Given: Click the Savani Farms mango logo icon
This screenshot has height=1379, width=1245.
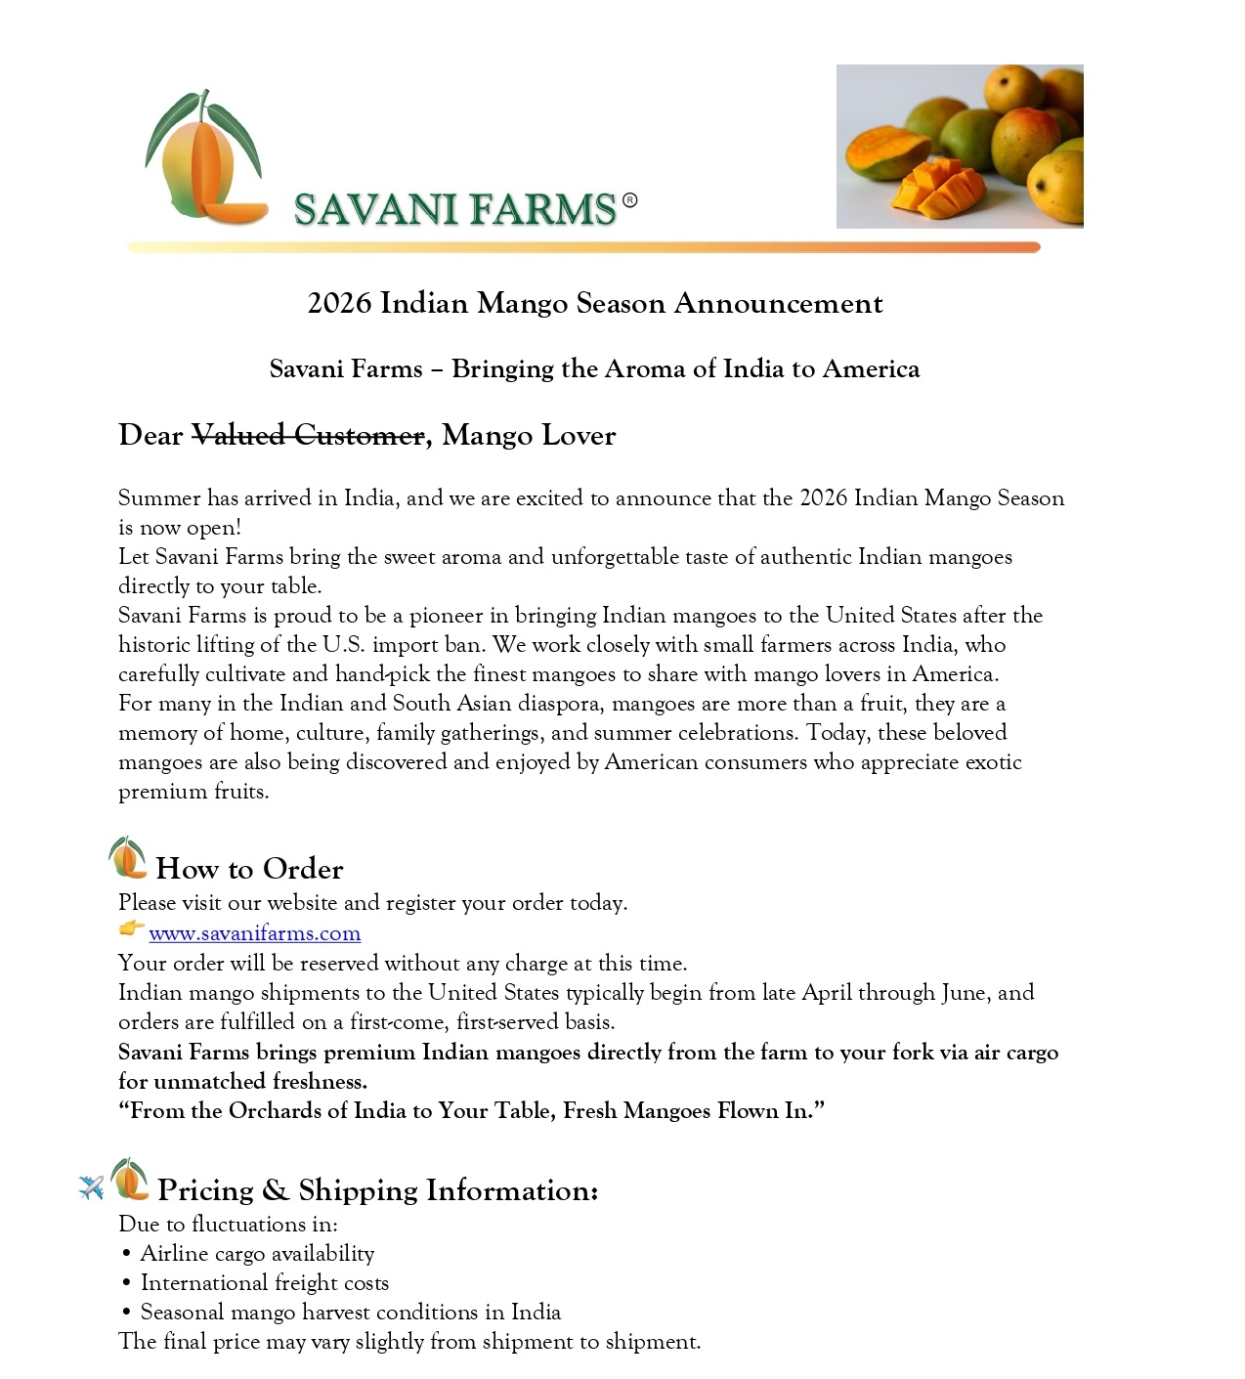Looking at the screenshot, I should (203, 157).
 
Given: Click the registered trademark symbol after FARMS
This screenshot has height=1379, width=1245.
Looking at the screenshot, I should (629, 200).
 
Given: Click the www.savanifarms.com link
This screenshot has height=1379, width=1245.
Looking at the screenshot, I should (254, 933).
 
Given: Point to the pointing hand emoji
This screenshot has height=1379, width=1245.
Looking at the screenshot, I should (131, 929).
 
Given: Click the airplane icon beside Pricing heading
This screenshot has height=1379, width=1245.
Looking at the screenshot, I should (91, 1186).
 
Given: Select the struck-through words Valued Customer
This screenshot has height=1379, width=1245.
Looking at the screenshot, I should (308, 435).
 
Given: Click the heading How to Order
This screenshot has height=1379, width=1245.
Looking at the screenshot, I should (249, 869).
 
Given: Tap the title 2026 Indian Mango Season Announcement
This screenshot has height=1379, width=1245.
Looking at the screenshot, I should (595, 303).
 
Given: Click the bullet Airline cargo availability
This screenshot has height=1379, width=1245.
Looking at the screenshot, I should (257, 1254).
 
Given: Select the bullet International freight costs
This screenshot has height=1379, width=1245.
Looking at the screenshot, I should (264, 1283).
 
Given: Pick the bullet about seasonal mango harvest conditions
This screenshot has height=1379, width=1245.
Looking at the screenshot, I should (350, 1313).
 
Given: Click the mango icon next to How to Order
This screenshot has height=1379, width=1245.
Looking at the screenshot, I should (127, 858).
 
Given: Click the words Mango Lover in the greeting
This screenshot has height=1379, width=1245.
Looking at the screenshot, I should (529, 435).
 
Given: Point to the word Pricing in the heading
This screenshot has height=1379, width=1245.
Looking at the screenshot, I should (205, 1190).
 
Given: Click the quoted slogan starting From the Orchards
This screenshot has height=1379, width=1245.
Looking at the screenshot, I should (472, 1111).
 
